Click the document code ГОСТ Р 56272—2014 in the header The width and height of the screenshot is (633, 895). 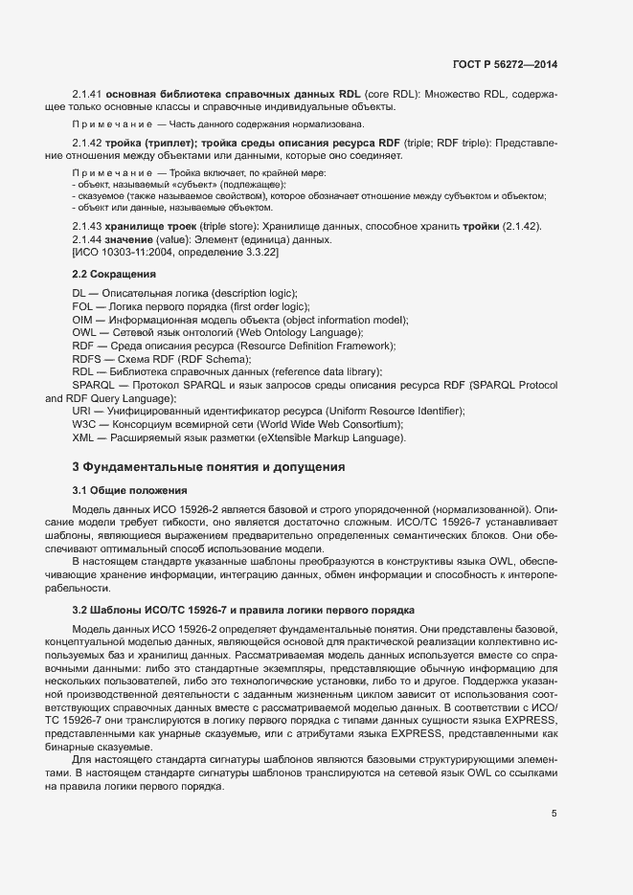pos(504,64)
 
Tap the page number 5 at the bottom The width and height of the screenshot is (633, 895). pos(554,814)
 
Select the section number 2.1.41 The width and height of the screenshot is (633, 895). pos(87,95)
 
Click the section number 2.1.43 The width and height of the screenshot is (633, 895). pos(87,226)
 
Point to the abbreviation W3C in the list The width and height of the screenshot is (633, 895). pos(83,424)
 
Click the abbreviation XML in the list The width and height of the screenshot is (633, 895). pos(83,437)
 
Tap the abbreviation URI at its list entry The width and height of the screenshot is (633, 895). pos(81,411)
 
